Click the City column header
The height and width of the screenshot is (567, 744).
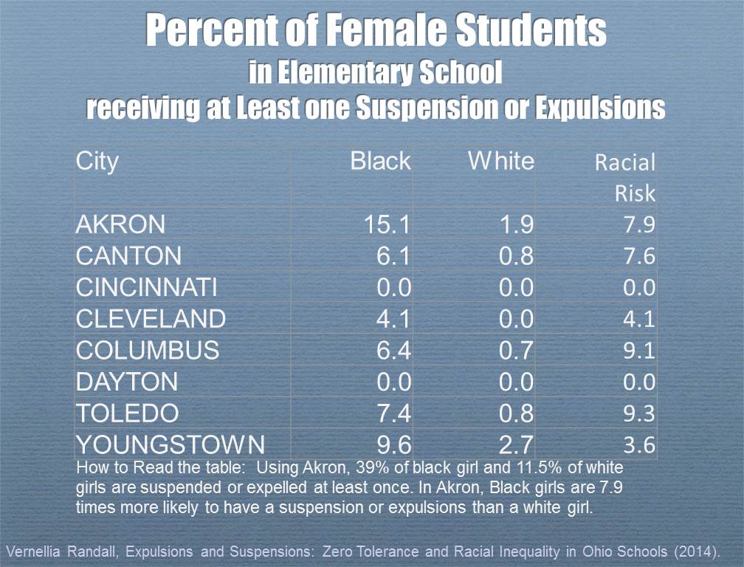click(97, 161)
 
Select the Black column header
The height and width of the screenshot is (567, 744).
click(380, 161)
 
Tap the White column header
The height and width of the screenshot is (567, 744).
click(501, 161)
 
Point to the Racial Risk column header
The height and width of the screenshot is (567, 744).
click(626, 178)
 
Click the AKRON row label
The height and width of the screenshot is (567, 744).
click(121, 224)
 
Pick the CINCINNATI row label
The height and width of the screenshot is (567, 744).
click(147, 287)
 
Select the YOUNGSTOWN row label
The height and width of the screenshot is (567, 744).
click(170, 444)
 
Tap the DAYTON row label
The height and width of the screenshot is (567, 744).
click(127, 382)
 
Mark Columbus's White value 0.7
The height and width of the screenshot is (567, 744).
click(516, 350)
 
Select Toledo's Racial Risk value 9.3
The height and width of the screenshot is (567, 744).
click(638, 413)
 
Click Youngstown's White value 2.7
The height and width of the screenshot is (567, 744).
click(516, 444)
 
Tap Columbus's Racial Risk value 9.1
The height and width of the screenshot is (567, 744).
click(638, 350)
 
